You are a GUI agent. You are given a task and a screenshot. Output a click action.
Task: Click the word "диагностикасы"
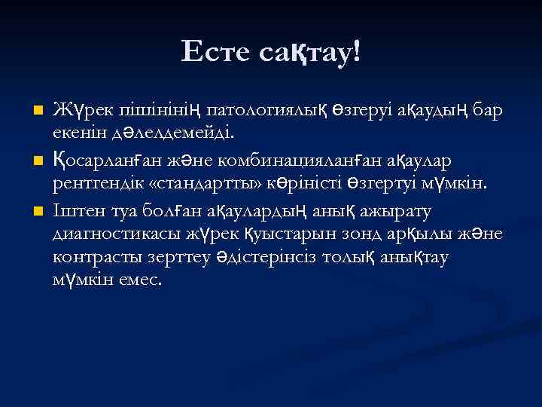(108, 233)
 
